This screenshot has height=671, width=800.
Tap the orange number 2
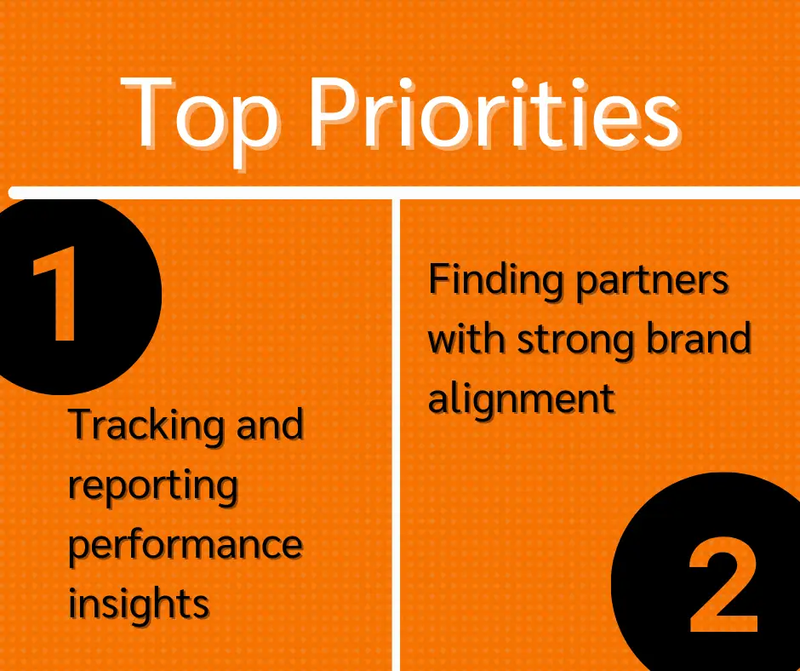point(723,584)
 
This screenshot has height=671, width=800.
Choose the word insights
point(139,604)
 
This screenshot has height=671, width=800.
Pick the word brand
point(699,337)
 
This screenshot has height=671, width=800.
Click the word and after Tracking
point(271,425)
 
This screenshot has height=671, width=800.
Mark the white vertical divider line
point(396,435)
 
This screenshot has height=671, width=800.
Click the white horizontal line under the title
point(404,193)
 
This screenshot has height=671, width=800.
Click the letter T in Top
point(148,112)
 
